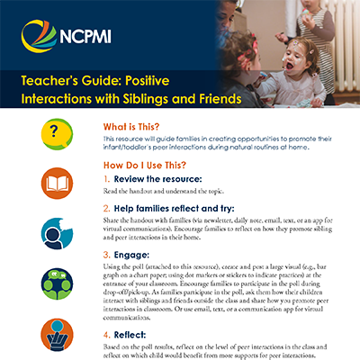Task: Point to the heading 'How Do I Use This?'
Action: [159, 166]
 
